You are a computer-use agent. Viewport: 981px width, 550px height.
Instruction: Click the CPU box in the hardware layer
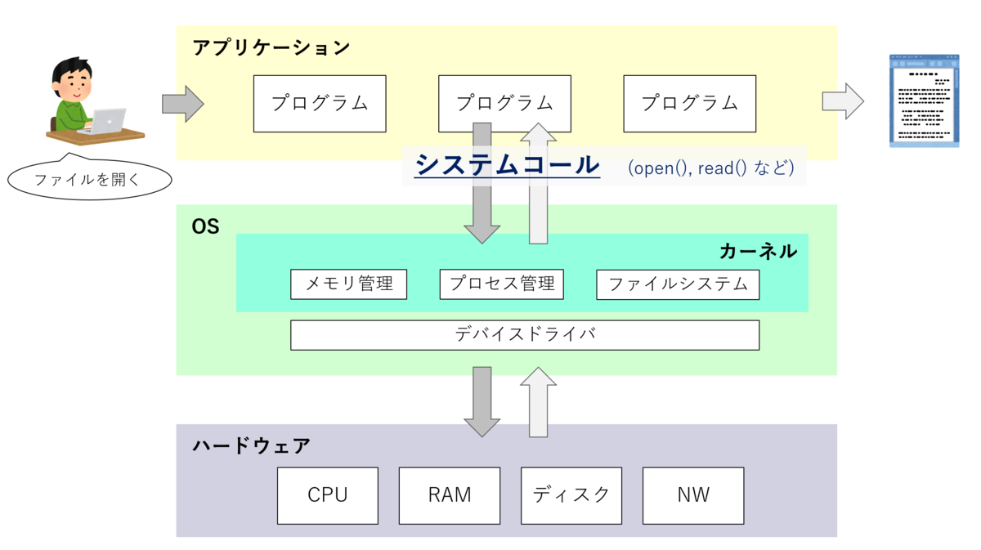[327, 495]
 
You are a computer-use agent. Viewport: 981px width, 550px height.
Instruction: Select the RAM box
[449, 495]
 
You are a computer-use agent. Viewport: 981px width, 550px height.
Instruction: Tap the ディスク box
[571, 495]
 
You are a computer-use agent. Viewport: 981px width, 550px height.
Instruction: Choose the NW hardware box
[693, 495]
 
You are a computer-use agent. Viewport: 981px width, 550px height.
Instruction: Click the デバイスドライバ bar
[524, 335]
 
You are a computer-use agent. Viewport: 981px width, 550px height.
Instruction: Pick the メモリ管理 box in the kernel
[348, 284]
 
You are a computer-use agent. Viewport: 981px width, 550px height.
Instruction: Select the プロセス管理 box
[501, 284]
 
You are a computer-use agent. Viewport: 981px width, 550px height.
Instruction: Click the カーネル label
[758, 251]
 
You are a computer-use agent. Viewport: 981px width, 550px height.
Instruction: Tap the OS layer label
[205, 227]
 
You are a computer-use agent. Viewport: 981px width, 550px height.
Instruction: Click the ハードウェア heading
[252, 446]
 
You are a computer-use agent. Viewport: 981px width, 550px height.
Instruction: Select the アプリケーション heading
[271, 47]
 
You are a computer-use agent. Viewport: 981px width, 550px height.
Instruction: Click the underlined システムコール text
[507, 165]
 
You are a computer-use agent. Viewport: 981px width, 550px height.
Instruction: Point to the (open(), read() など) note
[710, 168]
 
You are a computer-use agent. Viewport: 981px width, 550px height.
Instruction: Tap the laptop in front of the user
[105, 121]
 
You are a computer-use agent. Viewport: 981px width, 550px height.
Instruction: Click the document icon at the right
[924, 101]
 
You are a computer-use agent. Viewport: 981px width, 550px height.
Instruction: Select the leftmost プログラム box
[320, 104]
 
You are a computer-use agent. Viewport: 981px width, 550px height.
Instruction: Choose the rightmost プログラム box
[689, 104]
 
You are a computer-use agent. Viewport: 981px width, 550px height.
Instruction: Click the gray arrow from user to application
[182, 104]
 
